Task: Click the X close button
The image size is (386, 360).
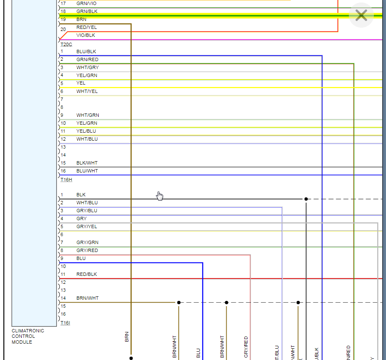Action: point(361,16)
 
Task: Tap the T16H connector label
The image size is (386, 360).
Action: point(66,180)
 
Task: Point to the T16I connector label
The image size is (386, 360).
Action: point(66,323)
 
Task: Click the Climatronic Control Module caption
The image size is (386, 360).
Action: point(28,336)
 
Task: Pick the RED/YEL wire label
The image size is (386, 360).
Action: point(87,27)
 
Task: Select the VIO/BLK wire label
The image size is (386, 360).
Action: point(86,35)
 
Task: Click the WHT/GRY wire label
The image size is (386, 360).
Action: point(87,67)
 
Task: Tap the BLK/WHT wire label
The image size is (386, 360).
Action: point(87,163)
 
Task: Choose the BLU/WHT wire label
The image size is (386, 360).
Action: point(87,171)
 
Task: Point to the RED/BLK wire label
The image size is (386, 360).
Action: point(87,274)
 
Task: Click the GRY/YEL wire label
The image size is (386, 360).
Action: point(87,226)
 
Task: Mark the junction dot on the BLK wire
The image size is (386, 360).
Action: point(306,199)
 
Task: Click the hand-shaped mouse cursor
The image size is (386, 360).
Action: point(160,196)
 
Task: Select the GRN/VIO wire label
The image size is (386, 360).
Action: point(86,3)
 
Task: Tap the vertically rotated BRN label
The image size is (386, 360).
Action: point(127,337)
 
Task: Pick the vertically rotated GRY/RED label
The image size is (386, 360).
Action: point(246,347)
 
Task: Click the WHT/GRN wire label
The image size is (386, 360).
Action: point(87,115)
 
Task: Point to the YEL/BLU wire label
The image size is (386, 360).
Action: point(86,131)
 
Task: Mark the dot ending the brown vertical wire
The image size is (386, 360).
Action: point(131,358)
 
